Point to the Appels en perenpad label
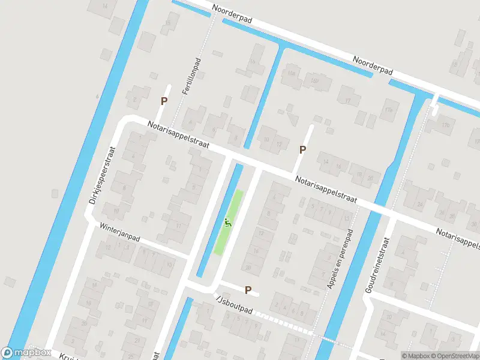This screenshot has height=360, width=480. point(340,257)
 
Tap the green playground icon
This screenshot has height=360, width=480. point(227,223)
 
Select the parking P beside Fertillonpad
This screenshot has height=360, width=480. point(163,101)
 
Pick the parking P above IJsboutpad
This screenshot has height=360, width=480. point(248,290)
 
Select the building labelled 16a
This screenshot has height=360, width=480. point(292,73)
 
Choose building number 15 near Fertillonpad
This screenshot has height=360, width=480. point(169,23)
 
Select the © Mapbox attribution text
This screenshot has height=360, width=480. point(415,355)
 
